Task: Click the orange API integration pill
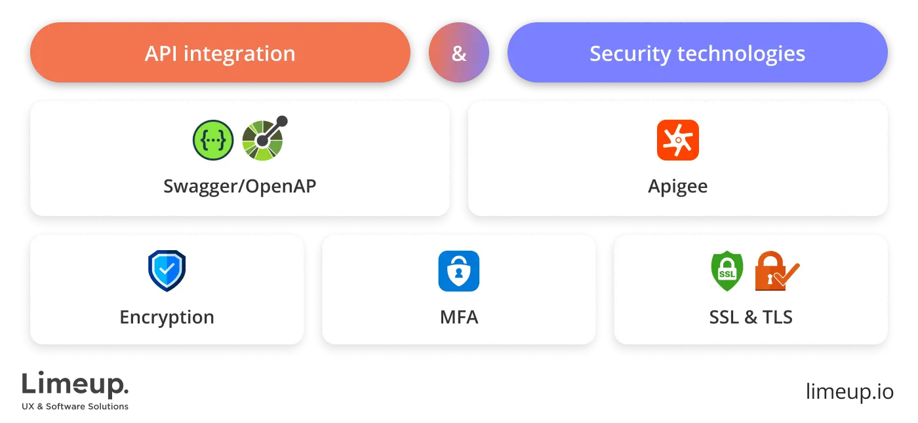point(220,53)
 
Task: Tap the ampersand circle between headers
point(459,54)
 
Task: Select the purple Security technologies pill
point(697,53)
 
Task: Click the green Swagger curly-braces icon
point(213,141)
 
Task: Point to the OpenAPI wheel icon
point(264,139)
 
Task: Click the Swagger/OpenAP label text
point(239,186)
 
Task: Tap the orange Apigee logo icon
point(677,140)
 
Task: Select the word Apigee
point(677,186)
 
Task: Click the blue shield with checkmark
point(167,270)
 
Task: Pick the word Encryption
point(167,317)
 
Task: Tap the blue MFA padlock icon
point(458,271)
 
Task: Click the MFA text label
point(458,318)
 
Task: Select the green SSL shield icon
point(727,272)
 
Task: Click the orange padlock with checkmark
point(776,272)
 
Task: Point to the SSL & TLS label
point(751,318)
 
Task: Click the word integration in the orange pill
point(239,54)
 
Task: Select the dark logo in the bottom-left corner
point(75,392)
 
